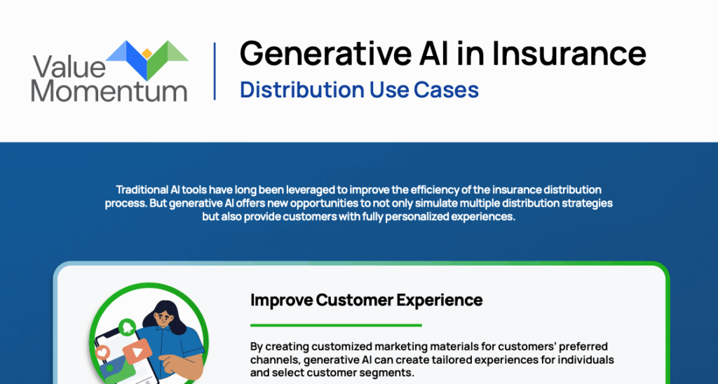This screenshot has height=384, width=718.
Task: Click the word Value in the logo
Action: point(69,67)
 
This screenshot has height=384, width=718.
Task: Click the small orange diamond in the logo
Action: point(147,53)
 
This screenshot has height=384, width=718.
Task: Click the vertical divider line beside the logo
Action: point(215,71)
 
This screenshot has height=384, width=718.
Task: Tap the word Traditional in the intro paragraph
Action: point(138,189)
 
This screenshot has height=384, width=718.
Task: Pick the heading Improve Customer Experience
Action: point(366,300)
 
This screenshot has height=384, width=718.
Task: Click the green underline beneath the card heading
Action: point(336,325)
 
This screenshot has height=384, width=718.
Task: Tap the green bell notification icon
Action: point(126,327)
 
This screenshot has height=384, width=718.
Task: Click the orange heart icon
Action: point(104,353)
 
